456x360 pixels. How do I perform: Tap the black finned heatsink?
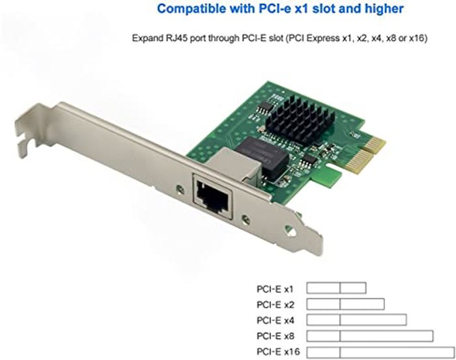point(299,119)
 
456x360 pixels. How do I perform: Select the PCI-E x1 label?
point(275,289)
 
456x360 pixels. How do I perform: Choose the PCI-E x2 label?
point(275,305)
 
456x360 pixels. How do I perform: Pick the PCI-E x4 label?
point(275,320)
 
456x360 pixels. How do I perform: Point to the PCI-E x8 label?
point(275,336)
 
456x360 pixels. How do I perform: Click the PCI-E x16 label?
point(278,352)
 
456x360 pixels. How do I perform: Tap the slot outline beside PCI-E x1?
point(337,283)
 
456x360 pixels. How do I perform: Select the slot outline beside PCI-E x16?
point(380,347)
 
